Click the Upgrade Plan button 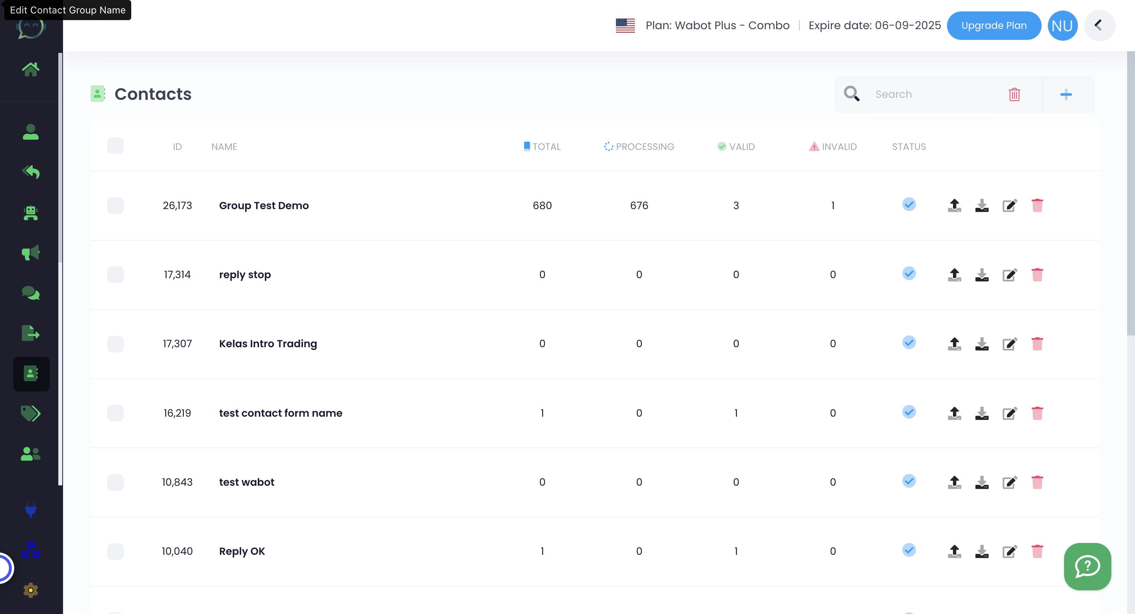(x=994, y=26)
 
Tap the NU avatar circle (x=1062, y=26)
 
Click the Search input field (x=934, y=94)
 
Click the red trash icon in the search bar (x=1014, y=94)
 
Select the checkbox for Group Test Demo (x=115, y=206)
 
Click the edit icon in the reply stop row (x=1009, y=275)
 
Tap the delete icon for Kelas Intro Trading (x=1037, y=344)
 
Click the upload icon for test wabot (x=955, y=482)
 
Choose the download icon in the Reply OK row (x=982, y=551)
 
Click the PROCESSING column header (x=639, y=146)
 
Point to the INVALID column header (x=833, y=146)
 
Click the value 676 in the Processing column (x=639, y=206)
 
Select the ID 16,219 (x=177, y=413)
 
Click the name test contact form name (x=281, y=413)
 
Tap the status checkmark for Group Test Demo (x=908, y=204)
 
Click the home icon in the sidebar (x=30, y=69)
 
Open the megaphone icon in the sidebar (x=30, y=253)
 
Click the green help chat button (x=1087, y=566)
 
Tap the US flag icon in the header (x=625, y=26)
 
